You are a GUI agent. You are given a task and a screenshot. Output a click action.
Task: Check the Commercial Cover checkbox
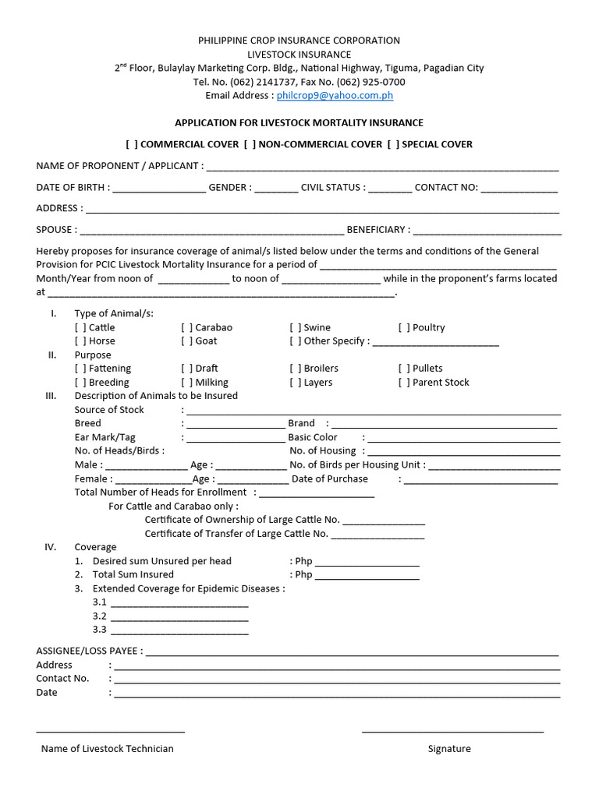click(x=132, y=144)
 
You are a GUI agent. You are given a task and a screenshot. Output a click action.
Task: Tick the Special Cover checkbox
click(x=393, y=144)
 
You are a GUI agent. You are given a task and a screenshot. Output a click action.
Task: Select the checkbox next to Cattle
click(x=80, y=328)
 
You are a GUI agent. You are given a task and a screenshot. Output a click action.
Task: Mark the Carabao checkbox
click(x=187, y=328)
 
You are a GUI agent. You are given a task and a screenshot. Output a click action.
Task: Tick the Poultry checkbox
click(x=404, y=328)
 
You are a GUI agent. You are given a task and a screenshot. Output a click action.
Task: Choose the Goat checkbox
click(x=187, y=341)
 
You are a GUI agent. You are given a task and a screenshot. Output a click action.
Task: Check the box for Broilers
click(x=296, y=369)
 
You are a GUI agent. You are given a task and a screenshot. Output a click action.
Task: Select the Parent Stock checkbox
click(x=404, y=383)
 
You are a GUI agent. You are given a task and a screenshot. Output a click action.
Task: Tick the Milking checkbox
click(x=187, y=383)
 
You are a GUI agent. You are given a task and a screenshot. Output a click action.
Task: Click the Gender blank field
click(x=276, y=189)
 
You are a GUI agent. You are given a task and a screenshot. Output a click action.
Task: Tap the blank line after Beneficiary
click(x=487, y=231)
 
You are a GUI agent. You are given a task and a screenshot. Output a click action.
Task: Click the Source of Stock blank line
click(x=373, y=411)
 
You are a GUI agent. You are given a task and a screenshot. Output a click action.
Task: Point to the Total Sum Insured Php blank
click(x=367, y=576)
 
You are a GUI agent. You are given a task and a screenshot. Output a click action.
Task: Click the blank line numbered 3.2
click(x=179, y=616)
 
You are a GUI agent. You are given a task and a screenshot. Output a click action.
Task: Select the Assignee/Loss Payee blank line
click(x=352, y=652)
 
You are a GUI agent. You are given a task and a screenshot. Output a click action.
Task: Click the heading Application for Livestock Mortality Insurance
click(x=299, y=123)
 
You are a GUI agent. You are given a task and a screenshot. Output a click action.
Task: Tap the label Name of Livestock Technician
click(x=108, y=749)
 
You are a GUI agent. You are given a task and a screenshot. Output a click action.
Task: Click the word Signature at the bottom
click(x=449, y=749)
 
